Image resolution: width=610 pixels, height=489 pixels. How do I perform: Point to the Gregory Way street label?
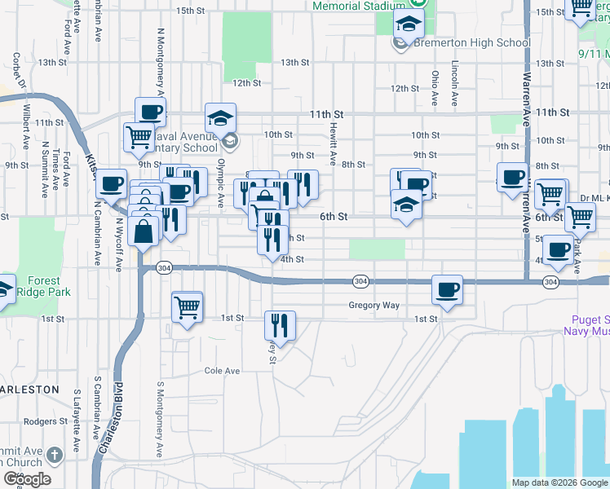pos(374,306)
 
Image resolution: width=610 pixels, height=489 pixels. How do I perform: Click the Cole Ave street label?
pos(222,371)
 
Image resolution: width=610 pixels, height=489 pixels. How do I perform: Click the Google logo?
pos(26,479)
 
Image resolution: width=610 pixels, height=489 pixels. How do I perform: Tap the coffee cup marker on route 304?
pos(447,289)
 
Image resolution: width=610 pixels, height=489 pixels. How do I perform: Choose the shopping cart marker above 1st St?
pos(188,307)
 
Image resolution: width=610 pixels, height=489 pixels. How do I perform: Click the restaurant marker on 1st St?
pos(280,325)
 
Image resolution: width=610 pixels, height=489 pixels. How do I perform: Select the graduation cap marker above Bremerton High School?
pos(409,23)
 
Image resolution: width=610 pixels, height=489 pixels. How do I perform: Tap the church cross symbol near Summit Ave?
pos(54,454)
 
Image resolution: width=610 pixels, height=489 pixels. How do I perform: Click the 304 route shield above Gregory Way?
pos(360,280)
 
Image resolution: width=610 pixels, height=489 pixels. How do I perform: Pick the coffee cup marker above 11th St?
pos(150,113)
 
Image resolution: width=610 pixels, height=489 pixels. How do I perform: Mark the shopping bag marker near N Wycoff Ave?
pos(144,231)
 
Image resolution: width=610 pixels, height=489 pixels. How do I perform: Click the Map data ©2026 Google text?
pos(559,482)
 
